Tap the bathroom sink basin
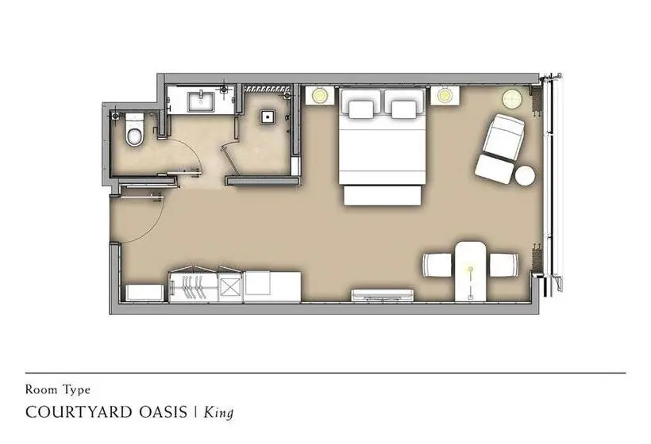(202, 102)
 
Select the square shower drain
(267, 117)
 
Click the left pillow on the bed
(361, 109)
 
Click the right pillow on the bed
(404, 109)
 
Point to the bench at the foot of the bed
(383, 195)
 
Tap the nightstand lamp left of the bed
(320, 96)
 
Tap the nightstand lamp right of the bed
(445, 96)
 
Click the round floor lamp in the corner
(512, 98)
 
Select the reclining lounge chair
(499, 149)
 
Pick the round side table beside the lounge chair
(525, 175)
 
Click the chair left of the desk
(437, 265)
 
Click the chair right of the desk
(504, 265)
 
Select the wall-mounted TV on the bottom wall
(383, 295)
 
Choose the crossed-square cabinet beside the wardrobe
(229, 287)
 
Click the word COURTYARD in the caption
(79, 412)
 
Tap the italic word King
(218, 413)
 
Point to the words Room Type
(58, 390)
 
